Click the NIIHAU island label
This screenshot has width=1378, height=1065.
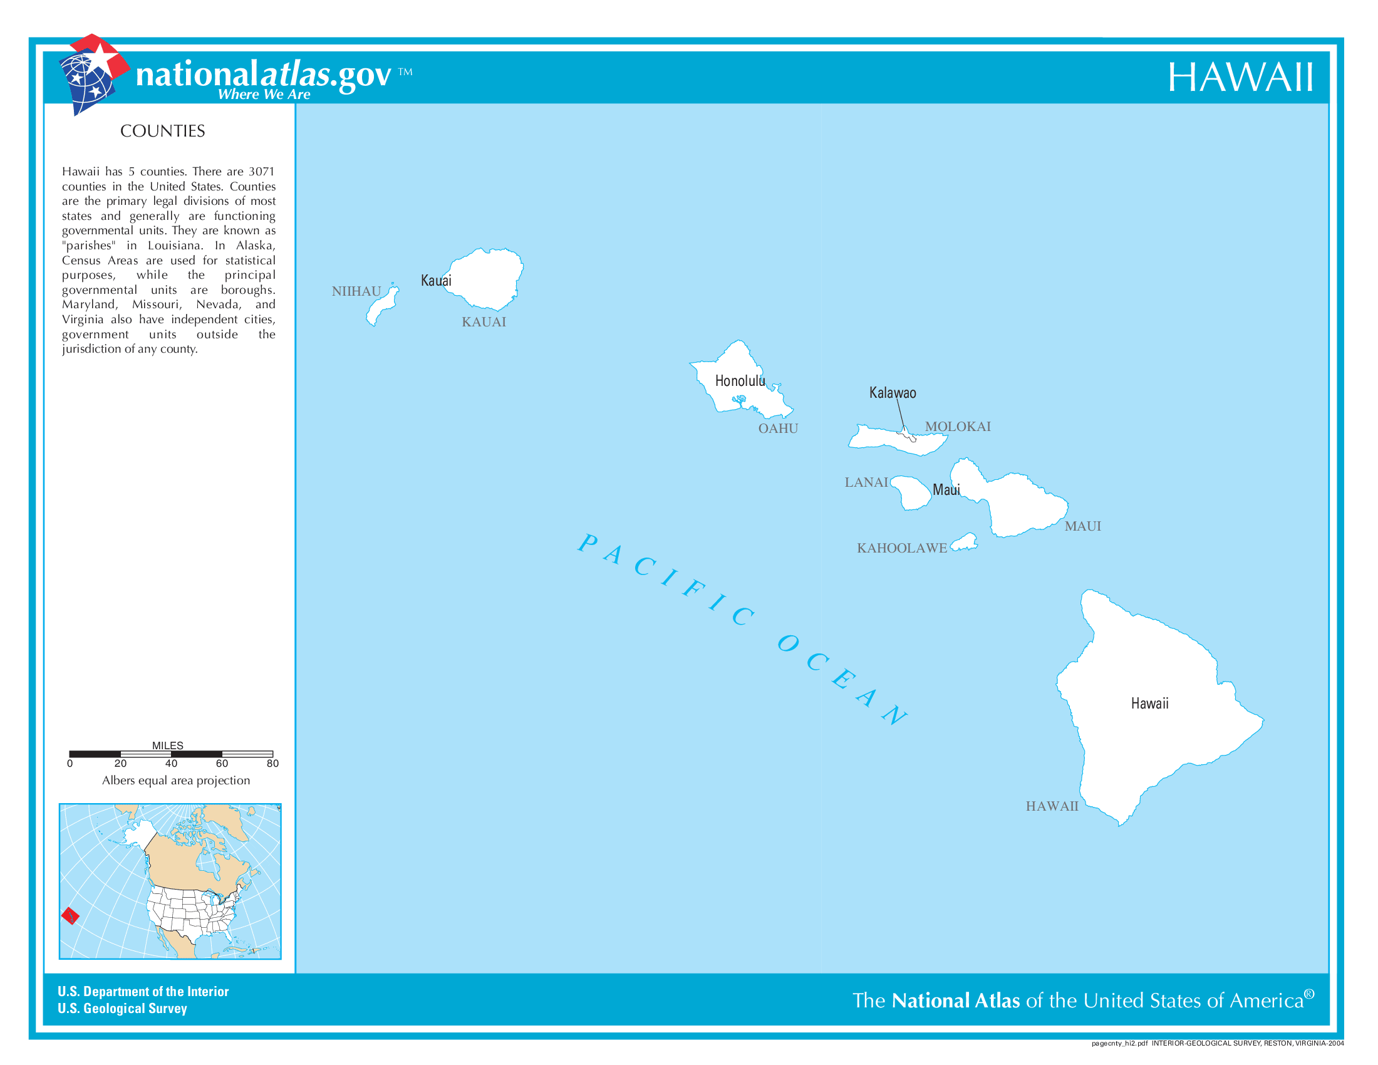pyautogui.click(x=356, y=291)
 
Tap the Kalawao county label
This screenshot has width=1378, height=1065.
pyautogui.click(x=892, y=393)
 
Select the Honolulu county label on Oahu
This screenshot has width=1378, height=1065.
pyautogui.click(x=740, y=381)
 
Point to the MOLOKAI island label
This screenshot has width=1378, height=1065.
pyautogui.click(x=957, y=427)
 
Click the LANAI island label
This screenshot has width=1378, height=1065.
pyautogui.click(x=866, y=482)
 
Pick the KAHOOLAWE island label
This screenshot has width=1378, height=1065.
pyautogui.click(x=901, y=548)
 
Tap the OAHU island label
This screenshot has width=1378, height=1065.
pyautogui.click(x=778, y=429)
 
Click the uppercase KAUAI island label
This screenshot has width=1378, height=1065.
pyautogui.click(x=484, y=323)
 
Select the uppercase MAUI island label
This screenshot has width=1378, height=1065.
pyautogui.click(x=1083, y=527)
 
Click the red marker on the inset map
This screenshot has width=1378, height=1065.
pyautogui.click(x=70, y=915)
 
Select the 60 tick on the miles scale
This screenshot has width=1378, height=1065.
pyautogui.click(x=222, y=764)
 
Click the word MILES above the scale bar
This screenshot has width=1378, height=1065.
pyautogui.click(x=168, y=745)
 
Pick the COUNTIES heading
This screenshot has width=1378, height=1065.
pyautogui.click(x=163, y=131)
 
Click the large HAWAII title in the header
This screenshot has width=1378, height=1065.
pyautogui.click(x=1240, y=78)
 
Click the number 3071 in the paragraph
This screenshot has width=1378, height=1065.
pyautogui.click(x=261, y=172)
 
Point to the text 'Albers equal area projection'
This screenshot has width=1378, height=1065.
pyautogui.click(x=176, y=781)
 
